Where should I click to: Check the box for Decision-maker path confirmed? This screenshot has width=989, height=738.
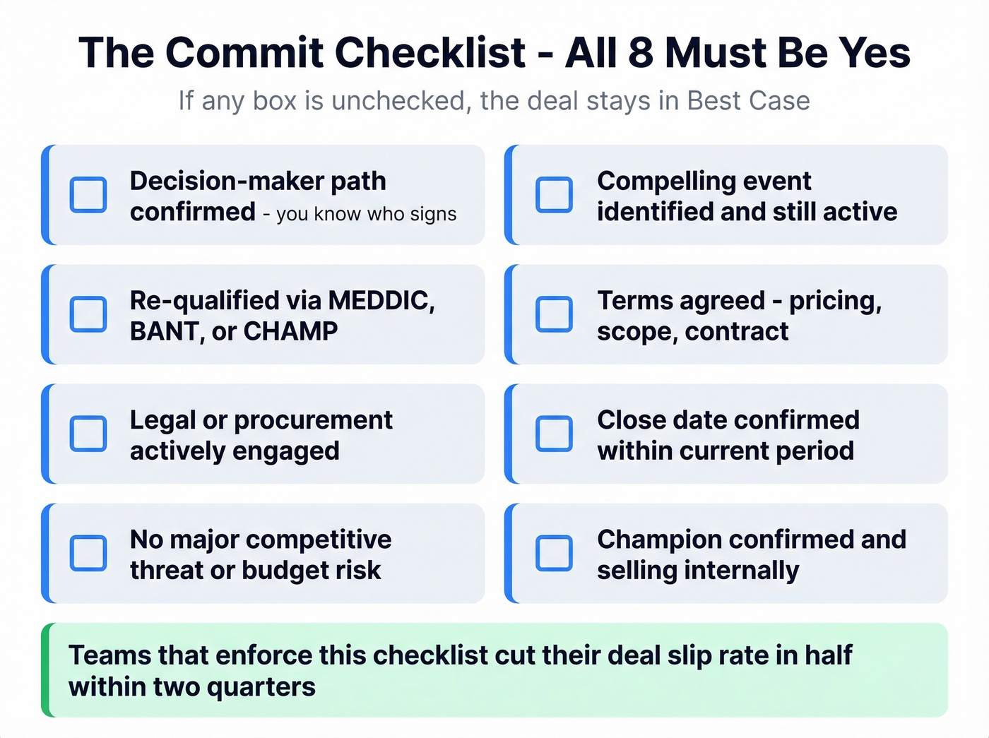88,195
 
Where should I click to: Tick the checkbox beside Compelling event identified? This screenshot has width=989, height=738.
554,195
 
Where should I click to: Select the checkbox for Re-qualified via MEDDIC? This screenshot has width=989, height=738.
88,314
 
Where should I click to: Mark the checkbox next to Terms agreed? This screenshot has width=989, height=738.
554,314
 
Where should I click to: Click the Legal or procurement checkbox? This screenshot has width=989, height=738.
88,434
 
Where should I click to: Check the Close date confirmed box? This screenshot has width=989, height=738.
554,434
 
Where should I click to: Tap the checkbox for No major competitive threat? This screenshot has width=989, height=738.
88,553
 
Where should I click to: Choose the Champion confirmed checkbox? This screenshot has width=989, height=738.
554,553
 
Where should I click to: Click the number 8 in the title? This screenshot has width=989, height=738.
640,53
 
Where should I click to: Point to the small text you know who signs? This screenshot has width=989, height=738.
366,214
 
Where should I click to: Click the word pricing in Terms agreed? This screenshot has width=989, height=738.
834,302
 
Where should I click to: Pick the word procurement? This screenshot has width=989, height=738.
313,421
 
